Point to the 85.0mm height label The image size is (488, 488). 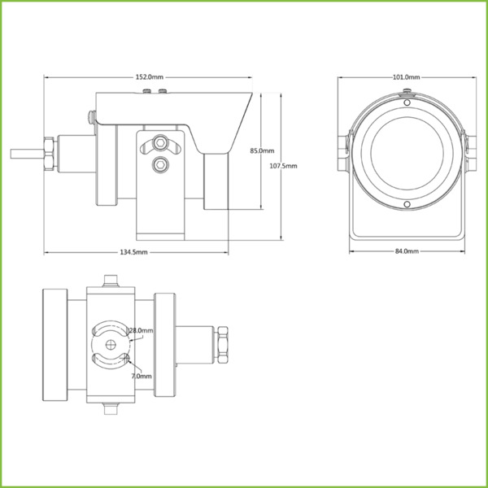(261, 150)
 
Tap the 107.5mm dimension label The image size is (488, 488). (282, 166)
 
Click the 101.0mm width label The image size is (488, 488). (406, 77)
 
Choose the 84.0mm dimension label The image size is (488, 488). (406, 252)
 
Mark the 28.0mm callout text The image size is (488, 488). (141, 330)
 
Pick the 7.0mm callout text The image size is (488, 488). (141, 377)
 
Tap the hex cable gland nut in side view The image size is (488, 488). (50, 152)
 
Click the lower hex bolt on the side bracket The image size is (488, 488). (160, 166)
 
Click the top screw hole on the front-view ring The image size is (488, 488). (407, 103)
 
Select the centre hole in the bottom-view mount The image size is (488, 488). (110, 342)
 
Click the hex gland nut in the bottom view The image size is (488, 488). (222, 342)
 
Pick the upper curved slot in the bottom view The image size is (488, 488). (110, 329)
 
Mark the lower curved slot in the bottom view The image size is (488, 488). (110, 355)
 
